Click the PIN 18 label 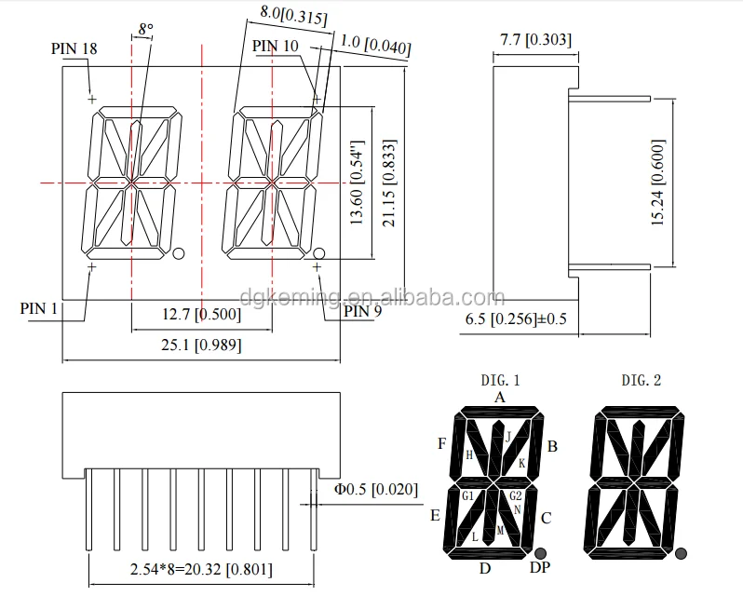74,48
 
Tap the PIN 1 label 39,308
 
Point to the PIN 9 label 362,311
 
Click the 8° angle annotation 145,30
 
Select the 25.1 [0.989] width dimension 201,345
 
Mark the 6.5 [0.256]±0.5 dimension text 516,319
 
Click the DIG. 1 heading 500,380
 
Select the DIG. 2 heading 642,380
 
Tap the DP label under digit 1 539,568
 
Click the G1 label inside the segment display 467,495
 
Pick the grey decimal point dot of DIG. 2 682,553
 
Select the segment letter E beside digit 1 436,515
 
